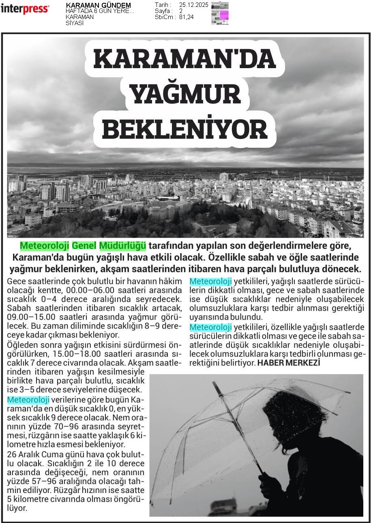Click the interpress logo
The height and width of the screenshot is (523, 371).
click(x=25, y=9)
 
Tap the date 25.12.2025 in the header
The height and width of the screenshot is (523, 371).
click(x=193, y=5)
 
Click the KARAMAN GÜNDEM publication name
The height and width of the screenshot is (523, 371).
click(x=98, y=5)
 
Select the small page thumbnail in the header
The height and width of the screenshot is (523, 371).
click(x=220, y=13)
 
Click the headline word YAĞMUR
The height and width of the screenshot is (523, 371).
click(x=185, y=94)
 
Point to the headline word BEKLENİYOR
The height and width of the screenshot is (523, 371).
click(x=185, y=129)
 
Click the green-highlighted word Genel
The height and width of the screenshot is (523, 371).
click(x=84, y=245)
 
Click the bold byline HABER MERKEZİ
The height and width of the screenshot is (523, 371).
click(x=289, y=363)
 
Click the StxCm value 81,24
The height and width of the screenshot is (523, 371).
click(x=187, y=17)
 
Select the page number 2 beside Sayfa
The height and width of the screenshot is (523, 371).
click(x=181, y=11)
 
